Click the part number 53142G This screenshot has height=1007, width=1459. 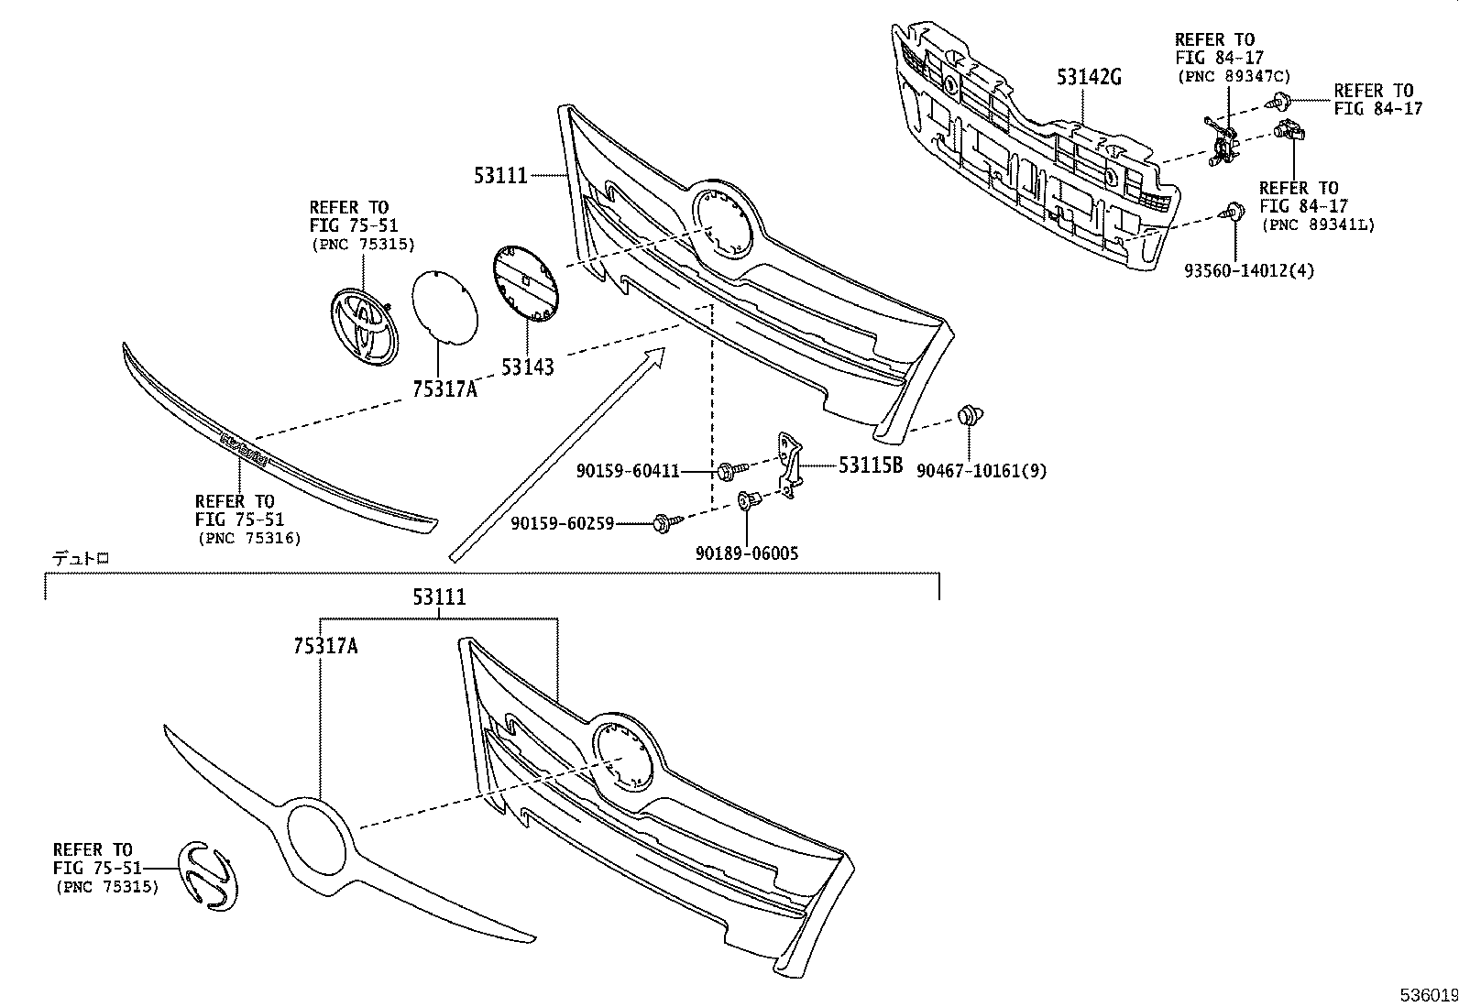click(x=1088, y=78)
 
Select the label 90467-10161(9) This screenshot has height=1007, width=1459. click(x=981, y=471)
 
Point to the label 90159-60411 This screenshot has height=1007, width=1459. click(x=628, y=471)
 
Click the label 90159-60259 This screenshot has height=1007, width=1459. click(x=563, y=524)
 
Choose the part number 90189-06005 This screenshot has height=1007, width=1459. click(x=746, y=553)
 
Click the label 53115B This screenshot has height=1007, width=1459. click(x=870, y=465)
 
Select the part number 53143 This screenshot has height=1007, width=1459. click(x=527, y=367)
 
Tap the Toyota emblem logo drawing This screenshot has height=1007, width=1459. click(x=364, y=324)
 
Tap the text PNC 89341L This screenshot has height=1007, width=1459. click(x=1318, y=224)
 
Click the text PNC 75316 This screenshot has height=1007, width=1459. click(x=249, y=538)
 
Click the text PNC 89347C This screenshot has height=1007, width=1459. click(x=1233, y=75)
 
